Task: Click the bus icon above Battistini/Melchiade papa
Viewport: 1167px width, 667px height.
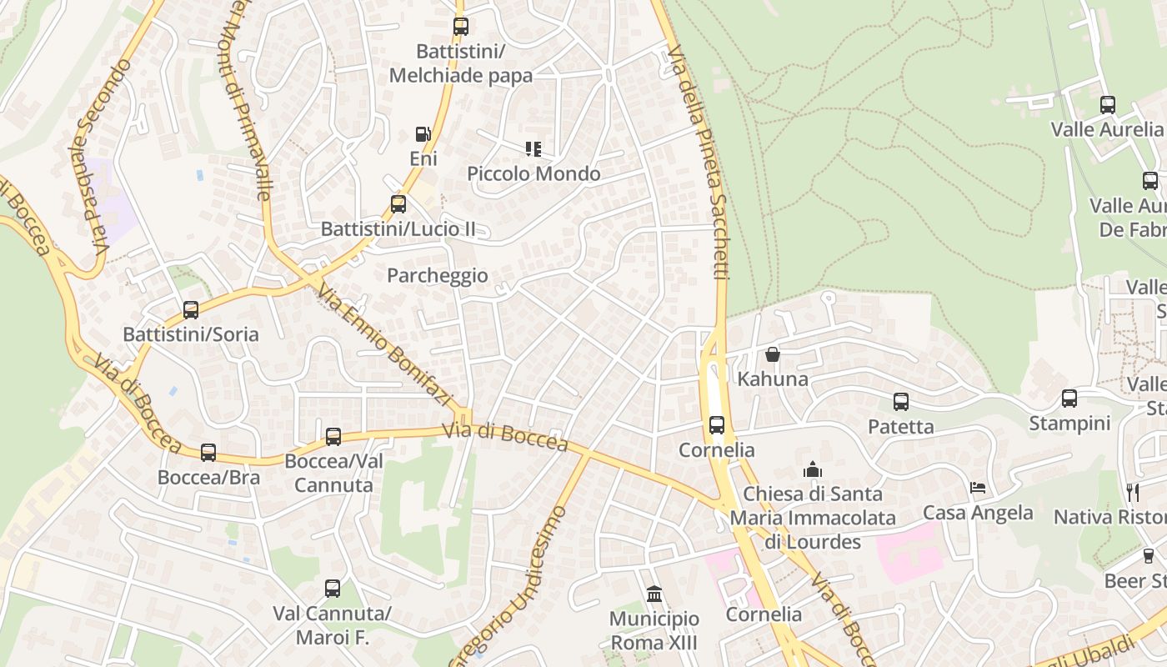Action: (x=460, y=27)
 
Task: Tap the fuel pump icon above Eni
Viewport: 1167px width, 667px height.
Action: (x=423, y=134)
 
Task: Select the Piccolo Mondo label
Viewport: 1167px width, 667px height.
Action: (x=533, y=173)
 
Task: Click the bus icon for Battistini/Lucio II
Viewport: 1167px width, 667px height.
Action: (x=398, y=203)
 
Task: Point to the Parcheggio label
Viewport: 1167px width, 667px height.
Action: (x=438, y=275)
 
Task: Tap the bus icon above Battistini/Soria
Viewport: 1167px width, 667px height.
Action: (x=191, y=310)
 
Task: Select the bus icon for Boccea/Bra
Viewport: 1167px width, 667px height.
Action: (x=208, y=453)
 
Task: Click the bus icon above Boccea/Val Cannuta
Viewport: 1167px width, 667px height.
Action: (x=333, y=436)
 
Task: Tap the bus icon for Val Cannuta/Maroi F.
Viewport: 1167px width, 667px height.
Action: (x=333, y=589)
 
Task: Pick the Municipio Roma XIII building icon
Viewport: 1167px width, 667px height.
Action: (x=654, y=594)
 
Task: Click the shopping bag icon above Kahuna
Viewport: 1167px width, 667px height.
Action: (x=773, y=354)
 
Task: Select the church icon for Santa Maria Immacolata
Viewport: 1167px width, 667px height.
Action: (x=813, y=469)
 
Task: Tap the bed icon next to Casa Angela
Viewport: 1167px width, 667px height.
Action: (x=978, y=488)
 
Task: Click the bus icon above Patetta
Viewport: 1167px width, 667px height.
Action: (x=901, y=402)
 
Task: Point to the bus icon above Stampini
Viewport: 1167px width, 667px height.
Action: (x=1069, y=399)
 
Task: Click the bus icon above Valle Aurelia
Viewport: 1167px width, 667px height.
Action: (x=1107, y=105)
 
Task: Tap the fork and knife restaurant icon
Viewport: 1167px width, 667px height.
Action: (x=1132, y=492)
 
